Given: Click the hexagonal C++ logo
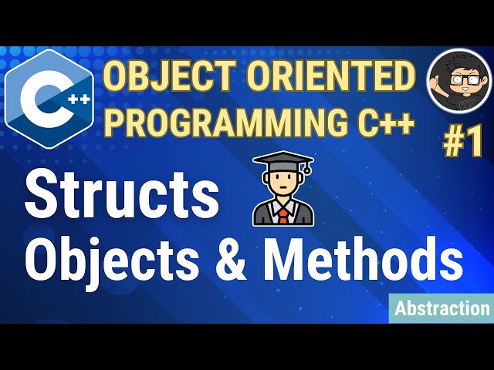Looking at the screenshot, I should (x=49, y=99).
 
